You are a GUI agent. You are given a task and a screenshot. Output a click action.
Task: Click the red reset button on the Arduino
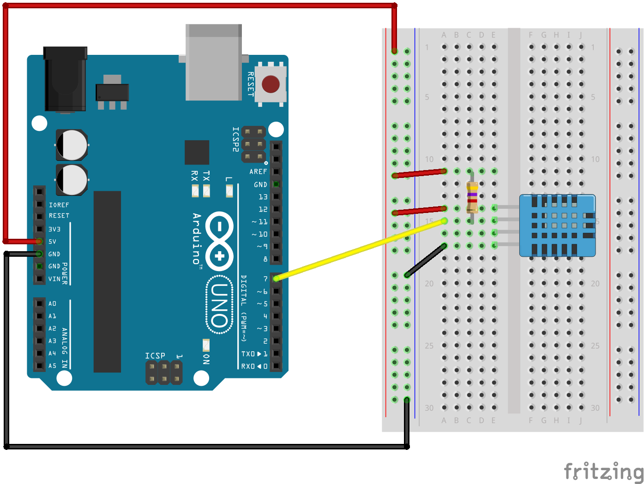(x=271, y=84)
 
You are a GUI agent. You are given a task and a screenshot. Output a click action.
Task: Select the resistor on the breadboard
(x=471, y=197)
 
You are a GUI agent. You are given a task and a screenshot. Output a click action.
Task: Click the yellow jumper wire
(x=360, y=249)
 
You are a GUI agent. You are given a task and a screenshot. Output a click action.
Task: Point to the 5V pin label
(x=53, y=242)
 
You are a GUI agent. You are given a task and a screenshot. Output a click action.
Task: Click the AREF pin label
(x=258, y=171)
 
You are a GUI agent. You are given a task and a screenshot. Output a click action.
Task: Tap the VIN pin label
(x=54, y=279)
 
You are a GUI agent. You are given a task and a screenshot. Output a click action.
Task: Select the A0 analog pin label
(x=53, y=304)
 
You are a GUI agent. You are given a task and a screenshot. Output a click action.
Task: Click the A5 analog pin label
(x=53, y=366)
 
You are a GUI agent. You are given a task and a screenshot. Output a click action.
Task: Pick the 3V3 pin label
(x=54, y=229)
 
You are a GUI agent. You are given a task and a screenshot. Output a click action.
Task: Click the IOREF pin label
(x=59, y=205)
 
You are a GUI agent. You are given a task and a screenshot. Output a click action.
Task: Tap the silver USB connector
(x=213, y=62)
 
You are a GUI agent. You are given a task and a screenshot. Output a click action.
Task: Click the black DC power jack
(x=65, y=79)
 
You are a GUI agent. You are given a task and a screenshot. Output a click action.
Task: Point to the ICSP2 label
(x=235, y=139)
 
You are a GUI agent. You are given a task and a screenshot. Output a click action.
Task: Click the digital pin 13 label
(x=263, y=197)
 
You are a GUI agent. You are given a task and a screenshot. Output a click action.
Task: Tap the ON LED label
(x=206, y=359)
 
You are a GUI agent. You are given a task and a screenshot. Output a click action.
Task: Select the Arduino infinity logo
(x=220, y=241)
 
